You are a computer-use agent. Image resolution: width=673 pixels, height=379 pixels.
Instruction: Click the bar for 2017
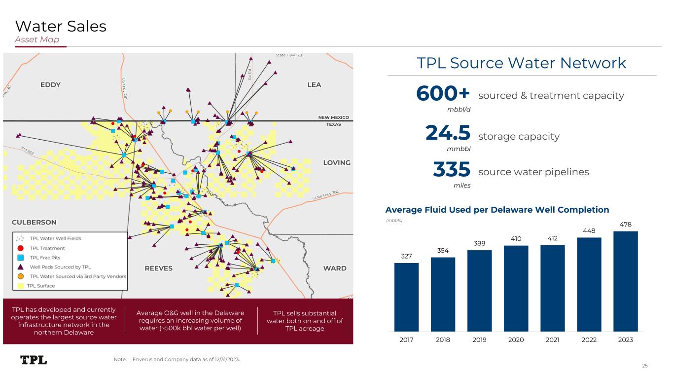point(406,297)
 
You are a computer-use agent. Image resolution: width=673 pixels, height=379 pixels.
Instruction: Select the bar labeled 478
point(625,281)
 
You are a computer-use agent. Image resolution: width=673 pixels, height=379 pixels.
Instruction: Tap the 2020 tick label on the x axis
point(516,340)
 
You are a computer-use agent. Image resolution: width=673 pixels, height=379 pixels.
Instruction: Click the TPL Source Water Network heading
point(521,63)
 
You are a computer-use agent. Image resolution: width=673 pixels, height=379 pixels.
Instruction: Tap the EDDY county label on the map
point(50,85)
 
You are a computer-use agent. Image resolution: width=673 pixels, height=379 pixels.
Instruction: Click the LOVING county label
point(337,163)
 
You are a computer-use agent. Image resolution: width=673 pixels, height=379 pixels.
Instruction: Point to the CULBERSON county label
point(34,222)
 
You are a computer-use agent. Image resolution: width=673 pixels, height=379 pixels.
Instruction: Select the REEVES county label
point(158,268)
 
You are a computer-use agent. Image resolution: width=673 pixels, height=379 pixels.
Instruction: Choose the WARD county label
point(335,268)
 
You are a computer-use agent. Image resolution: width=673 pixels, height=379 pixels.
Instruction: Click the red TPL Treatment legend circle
point(20,248)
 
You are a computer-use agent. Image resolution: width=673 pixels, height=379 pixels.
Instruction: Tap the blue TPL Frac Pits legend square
point(20,258)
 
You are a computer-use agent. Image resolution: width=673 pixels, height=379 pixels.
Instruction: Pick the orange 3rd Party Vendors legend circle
point(20,276)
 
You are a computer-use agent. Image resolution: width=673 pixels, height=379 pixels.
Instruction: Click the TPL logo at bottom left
point(34,360)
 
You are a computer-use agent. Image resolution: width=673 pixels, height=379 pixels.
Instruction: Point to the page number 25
point(644,366)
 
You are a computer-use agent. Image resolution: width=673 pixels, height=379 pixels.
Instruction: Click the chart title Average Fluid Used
point(497,210)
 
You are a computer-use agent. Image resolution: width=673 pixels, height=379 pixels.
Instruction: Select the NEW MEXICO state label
point(333,117)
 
